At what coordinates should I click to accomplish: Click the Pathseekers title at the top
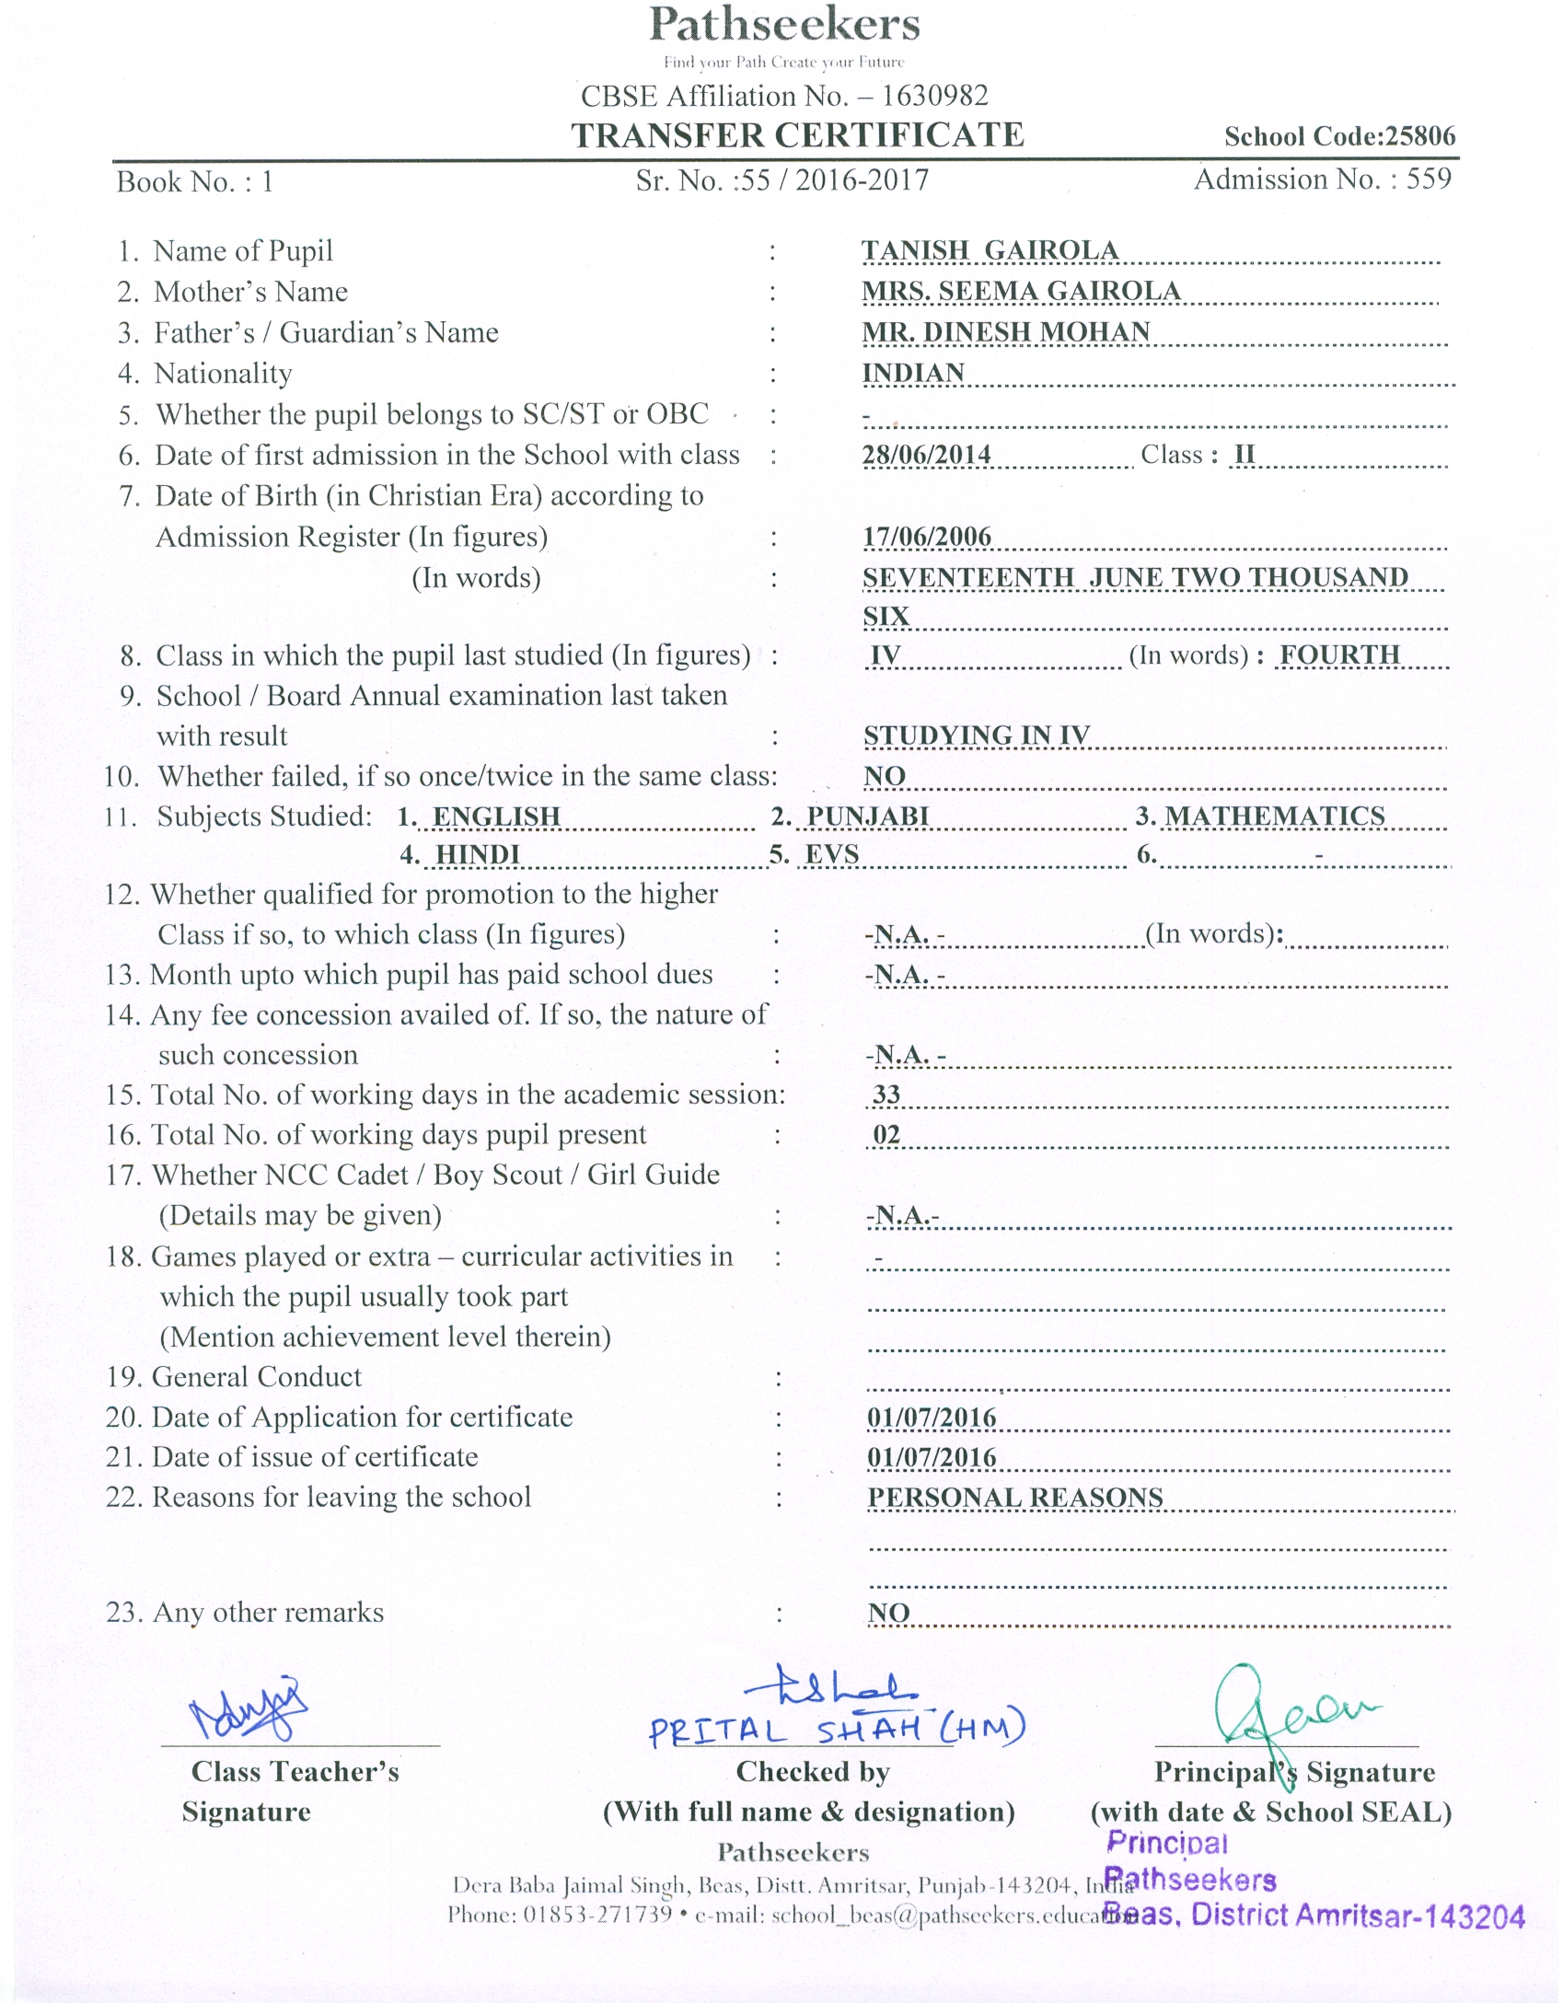tap(784, 25)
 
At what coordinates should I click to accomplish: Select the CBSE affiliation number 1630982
tap(934, 96)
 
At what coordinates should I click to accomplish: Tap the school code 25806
tap(1420, 137)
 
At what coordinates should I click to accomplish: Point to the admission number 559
tap(1428, 179)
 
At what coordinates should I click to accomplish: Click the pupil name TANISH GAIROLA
tap(990, 250)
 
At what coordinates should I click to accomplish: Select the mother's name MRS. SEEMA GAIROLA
tap(1021, 291)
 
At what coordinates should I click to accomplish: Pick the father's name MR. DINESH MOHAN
tap(1006, 331)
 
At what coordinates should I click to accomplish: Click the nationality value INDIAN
tap(913, 373)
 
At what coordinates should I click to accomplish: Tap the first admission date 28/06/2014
tap(926, 455)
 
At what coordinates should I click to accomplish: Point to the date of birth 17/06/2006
tap(926, 537)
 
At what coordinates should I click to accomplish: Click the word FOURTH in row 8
tap(1339, 654)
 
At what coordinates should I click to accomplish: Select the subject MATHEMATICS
tap(1275, 816)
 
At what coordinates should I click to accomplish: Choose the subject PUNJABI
tap(868, 816)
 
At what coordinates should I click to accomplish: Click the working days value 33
tap(886, 1094)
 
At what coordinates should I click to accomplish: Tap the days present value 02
tap(886, 1135)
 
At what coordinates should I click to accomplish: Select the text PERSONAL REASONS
tap(1015, 1498)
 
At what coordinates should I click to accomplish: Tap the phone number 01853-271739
tap(597, 1915)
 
